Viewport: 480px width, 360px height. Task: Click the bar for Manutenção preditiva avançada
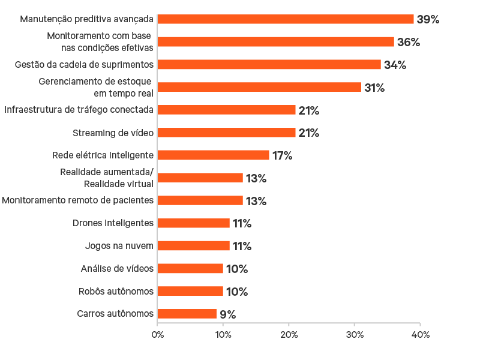[286, 19]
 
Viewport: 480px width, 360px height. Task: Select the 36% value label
[408, 43]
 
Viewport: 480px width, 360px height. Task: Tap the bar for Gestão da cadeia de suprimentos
[269, 65]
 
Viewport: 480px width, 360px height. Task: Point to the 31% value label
[374, 88]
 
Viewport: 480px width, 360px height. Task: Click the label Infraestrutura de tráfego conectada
[79, 110]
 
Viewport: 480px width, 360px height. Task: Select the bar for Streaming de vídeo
[227, 133]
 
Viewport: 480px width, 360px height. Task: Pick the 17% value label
[282, 156]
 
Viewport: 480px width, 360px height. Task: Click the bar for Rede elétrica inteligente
[214, 155]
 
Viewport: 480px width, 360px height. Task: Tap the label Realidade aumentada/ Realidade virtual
[107, 178]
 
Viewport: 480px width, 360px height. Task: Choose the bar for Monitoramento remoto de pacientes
[200, 200]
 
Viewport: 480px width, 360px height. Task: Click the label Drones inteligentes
[113, 223]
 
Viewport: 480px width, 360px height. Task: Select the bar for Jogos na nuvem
[194, 246]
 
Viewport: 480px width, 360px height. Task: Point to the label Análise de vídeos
[117, 268]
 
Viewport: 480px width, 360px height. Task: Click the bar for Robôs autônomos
[190, 291]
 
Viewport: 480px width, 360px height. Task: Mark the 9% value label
[227, 314]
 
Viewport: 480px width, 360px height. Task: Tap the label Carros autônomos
[115, 314]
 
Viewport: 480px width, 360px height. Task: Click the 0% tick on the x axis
[157, 335]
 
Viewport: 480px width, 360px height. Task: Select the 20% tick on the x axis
[289, 335]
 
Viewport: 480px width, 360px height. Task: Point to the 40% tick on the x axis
[420, 335]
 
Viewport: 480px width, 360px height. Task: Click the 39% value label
[428, 20]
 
